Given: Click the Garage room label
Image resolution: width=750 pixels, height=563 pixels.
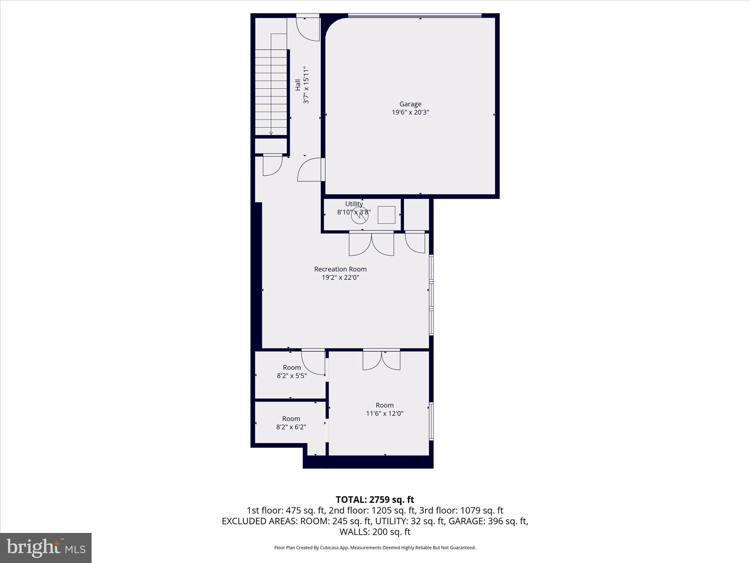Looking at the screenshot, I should (x=410, y=104).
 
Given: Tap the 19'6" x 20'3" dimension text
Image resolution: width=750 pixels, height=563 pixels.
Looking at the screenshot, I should (x=410, y=113).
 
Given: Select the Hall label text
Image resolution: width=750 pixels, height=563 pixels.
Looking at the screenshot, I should (x=298, y=85).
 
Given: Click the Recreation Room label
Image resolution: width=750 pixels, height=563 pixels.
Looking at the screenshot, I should (x=340, y=269).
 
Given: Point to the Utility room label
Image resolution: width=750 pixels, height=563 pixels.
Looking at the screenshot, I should (x=354, y=204).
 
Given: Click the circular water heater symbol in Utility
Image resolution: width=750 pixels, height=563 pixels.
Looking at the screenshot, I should (x=359, y=216).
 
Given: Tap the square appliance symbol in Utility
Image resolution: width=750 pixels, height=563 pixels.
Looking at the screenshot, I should (x=386, y=215).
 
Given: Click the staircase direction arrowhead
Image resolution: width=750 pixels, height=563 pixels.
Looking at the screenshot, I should (x=271, y=133).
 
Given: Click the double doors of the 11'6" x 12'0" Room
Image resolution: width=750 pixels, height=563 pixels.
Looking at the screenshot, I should (x=381, y=360).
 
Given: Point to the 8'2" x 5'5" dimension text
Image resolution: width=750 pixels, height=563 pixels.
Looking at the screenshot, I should (x=292, y=376).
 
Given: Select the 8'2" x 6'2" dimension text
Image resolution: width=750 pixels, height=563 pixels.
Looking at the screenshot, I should (x=291, y=427).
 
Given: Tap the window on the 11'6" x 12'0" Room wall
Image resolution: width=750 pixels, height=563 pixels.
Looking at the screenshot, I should (x=431, y=421).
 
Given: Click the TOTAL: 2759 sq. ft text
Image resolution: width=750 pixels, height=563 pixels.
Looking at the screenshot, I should (x=375, y=500).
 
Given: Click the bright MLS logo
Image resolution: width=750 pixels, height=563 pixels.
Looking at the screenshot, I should (x=46, y=548).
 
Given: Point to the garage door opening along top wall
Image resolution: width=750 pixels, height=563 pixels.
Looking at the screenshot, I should (x=415, y=16).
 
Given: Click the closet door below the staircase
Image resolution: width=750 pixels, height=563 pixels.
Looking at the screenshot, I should (x=272, y=165).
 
